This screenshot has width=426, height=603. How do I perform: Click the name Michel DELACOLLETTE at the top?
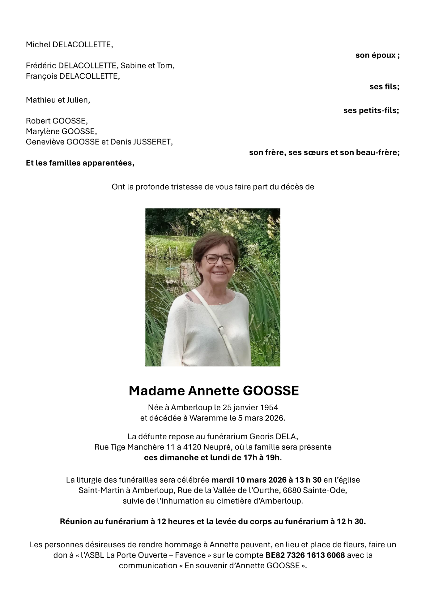click(69, 45)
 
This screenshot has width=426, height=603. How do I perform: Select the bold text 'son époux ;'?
click(377, 55)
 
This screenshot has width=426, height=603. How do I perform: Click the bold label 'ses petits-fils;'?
click(371, 110)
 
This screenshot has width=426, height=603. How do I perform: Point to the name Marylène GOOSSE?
click(61, 131)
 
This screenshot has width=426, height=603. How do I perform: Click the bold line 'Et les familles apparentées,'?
click(80, 163)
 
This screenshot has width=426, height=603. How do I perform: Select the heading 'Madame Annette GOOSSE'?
click(214, 391)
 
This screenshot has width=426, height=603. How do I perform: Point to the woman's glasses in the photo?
click(218, 259)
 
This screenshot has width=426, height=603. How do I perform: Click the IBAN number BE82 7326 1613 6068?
click(305, 555)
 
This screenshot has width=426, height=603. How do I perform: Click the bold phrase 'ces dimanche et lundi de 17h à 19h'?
click(212, 458)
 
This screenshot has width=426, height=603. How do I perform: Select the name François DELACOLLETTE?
click(73, 76)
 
